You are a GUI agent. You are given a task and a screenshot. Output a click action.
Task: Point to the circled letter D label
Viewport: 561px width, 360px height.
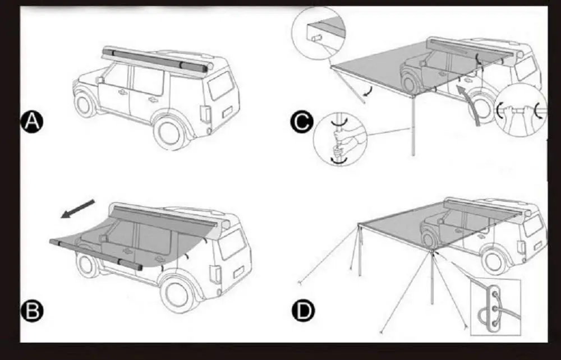[303, 310]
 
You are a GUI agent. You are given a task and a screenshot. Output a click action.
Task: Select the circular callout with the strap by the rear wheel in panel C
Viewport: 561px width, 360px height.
[521, 110]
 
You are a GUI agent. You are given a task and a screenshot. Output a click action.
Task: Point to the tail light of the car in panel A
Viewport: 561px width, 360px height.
[206, 114]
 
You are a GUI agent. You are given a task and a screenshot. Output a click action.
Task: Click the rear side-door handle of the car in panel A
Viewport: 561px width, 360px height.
[152, 99]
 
